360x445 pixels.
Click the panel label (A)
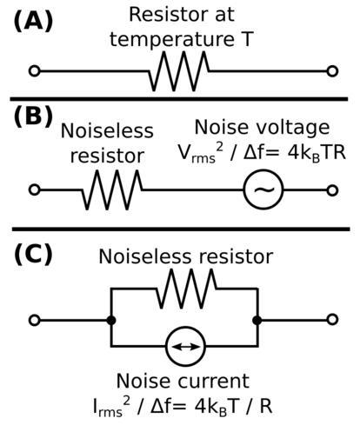click(x=33, y=22)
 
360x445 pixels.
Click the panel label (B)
click(x=33, y=116)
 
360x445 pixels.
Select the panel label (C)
click(x=33, y=254)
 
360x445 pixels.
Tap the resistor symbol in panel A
click(x=179, y=71)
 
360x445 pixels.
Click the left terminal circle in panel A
click(x=35, y=71)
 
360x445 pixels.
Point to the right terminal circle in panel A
click(x=332, y=71)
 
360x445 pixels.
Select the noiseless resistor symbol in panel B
click(x=112, y=190)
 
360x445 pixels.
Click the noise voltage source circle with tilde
click(x=263, y=189)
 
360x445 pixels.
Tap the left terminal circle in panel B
click(x=35, y=190)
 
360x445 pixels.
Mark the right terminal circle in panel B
click(x=332, y=190)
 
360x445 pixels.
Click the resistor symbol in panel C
click(x=186, y=289)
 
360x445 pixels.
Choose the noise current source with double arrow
click(x=185, y=346)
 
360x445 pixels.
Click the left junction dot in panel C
click(x=111, y=321)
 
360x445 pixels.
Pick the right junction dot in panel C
click(x=257, y=321)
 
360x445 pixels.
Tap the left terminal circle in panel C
click(x=35, y=321)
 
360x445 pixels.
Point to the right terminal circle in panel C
click(x=332, y=320)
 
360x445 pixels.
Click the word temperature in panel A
click(x=172, y=40)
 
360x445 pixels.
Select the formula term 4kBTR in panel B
click(x=317, y=153)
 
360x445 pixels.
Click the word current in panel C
click(x=213, y=381)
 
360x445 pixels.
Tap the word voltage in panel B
click(x=285, y=128)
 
